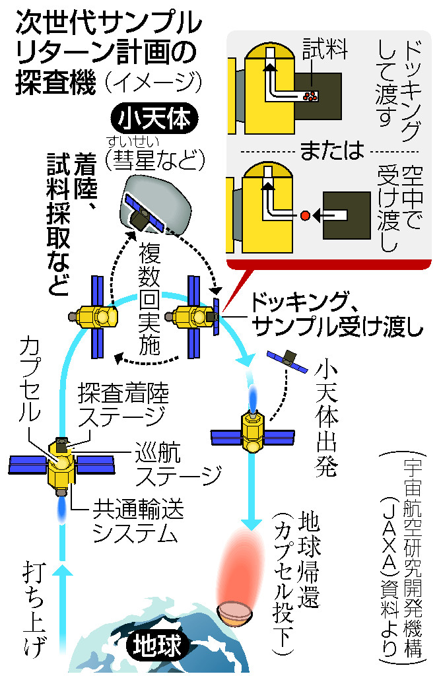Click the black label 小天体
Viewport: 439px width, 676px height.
pyautogui.click(x=154, y=119)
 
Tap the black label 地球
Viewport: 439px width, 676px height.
pyautogui.click(x=157, y=644)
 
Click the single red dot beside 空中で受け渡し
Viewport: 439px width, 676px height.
pyautogui.click(x=305, y=215)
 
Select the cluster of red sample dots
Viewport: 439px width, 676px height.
pyautogui.click(x=310, y=96)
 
